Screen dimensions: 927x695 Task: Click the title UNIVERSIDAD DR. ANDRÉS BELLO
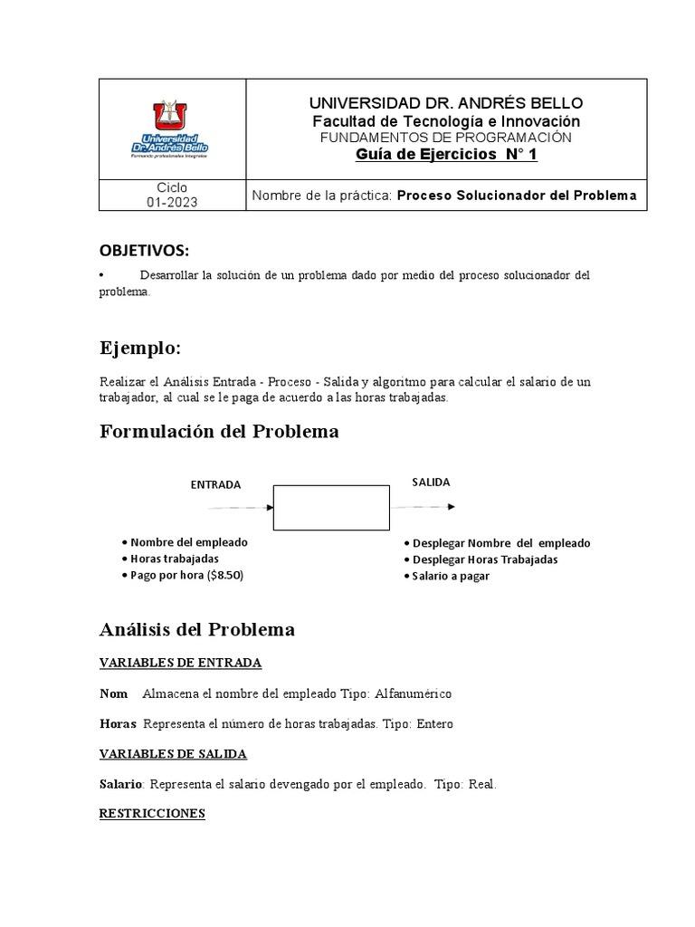coord(446,103)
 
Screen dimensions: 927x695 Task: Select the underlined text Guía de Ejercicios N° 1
coord(446,154)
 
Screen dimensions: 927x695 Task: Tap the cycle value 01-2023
coord(171,203)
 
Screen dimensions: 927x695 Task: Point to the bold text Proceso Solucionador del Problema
coord(517,196)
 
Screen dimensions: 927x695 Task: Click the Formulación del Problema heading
coord(219,432)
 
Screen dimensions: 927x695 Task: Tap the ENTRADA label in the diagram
coord(215,484)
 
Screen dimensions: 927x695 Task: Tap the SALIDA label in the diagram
coord(431,482)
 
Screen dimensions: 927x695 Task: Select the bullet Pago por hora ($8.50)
coord(186,575)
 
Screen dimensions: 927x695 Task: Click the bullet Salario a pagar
coord(450,576)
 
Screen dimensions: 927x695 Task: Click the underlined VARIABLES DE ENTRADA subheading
coord(180,663)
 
